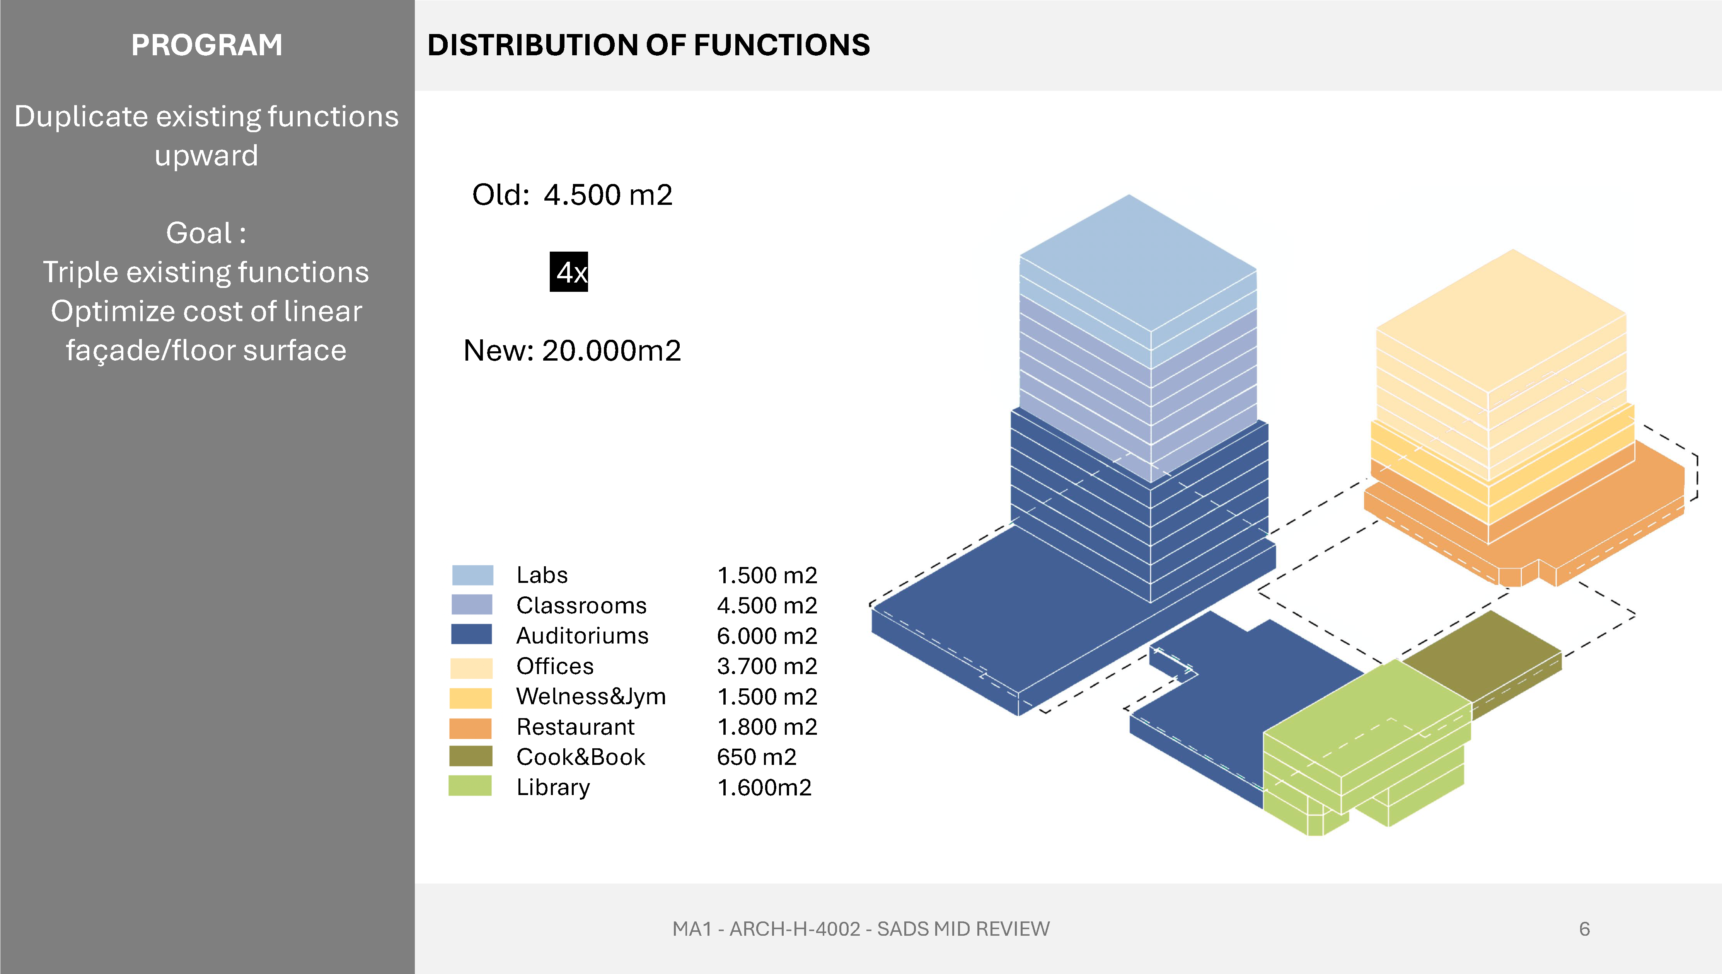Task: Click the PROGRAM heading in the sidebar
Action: tap(207, 45)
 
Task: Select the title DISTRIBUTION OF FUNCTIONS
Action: tap(649, 45)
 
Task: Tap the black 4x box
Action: tap(569, 272)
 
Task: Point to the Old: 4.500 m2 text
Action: tap(572, 195)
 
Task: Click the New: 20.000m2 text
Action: tap(572, 351)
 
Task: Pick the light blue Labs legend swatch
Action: tap(472, 575)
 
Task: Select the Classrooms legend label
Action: tap(581, 605)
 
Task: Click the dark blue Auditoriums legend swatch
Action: tap(472, 634)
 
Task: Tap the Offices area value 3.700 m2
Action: tap(767, 666)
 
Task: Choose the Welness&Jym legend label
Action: tap(591, 696)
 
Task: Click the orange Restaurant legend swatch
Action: tap(470, 728)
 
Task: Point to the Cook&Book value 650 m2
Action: tap(757, 757)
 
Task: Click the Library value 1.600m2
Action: tap(764, 787)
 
